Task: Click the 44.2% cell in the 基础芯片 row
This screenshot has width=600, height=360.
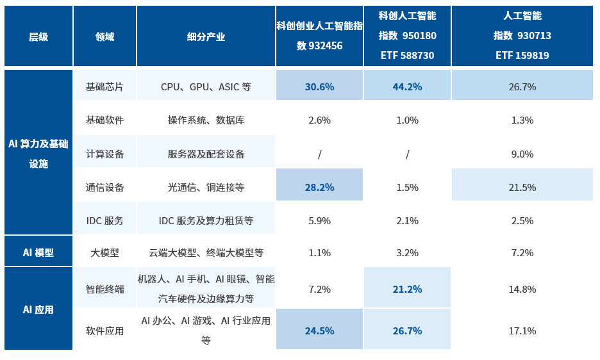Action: [407, 86]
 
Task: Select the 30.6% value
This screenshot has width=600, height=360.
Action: [319, 86]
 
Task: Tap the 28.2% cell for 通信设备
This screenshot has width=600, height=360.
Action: [319, 187]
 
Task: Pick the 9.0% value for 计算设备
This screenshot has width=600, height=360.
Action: [522, 154]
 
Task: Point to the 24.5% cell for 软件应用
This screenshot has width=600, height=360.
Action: [319, 331]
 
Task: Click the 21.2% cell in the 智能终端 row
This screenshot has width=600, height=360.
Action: [407, 289]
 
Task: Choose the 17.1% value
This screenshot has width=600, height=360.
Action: [522, 331]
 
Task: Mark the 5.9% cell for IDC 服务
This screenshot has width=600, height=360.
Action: [319, 220]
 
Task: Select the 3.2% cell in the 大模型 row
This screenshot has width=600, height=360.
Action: [407, 252]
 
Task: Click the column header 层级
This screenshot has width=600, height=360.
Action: [38, 37]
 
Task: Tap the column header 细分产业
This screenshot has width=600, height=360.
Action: [206, 37]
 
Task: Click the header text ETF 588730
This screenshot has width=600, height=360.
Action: [407, 55]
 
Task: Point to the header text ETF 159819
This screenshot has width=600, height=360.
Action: [522, 55]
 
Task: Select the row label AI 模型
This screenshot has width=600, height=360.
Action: [38, 252]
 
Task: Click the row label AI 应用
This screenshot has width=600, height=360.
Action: [38, 309]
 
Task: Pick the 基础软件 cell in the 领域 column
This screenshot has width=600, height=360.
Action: [104, 120]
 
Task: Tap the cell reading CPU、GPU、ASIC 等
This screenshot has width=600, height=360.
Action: [206, 86]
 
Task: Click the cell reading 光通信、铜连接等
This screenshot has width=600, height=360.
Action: [206, 187]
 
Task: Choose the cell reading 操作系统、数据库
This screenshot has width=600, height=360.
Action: [206, 120]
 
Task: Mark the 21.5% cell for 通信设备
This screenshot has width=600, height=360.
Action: [522, 187]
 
